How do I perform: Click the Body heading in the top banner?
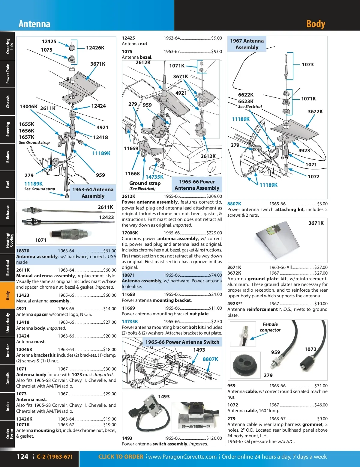(x=316, y=24)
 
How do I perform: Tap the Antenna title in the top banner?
(x=34, y=24)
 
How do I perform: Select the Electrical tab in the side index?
(x=7, y=268)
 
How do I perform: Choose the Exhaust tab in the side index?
(x=7, y=212)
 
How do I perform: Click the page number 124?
(x=22, y=457)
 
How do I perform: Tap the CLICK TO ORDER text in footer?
(x=121, y=457)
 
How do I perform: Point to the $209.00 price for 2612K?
(x=214, y=196)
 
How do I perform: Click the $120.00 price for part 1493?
(x=214, y=438)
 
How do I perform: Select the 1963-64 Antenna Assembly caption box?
(x=93, y=193)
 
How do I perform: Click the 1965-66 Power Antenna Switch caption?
(x=182, y=342)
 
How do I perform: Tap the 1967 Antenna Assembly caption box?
(x=247, y=44)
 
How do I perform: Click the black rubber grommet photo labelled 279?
(x=245, y=365)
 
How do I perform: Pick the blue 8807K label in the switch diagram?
(x=210, y=359)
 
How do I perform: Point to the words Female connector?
(x=270, y=327)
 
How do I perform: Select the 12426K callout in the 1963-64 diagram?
(x=95, y=48)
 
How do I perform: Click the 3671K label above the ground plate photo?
(x=316, y=223)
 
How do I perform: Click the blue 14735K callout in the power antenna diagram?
(x=154, y=177)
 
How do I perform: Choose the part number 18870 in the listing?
(x=23, y=251)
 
